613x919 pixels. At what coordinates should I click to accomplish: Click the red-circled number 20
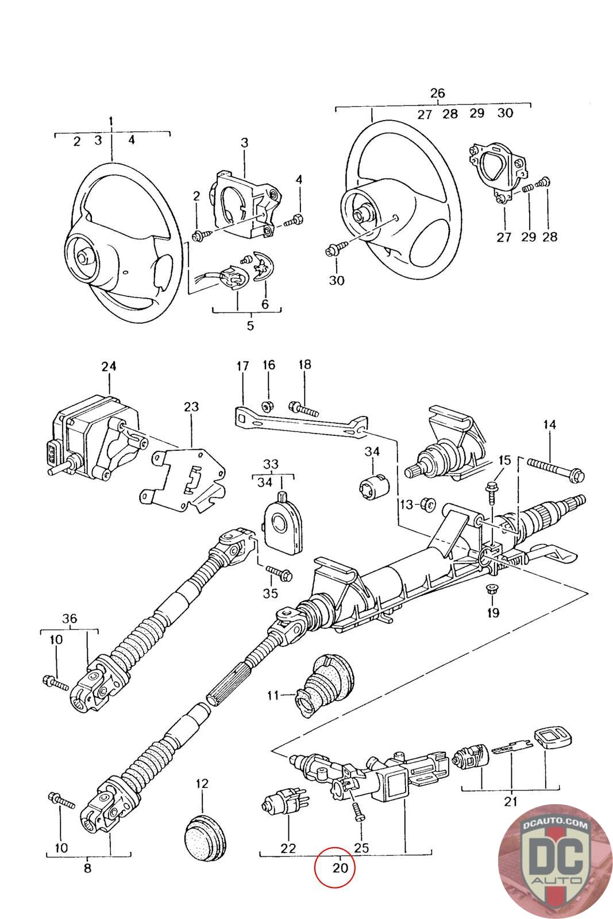340,868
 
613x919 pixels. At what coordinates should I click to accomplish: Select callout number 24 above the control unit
109,366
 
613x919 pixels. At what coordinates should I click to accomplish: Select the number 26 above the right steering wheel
437,93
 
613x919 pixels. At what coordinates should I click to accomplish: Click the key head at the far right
553,736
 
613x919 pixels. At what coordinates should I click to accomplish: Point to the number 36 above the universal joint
70,618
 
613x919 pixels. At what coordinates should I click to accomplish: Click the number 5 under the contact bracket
250,325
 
